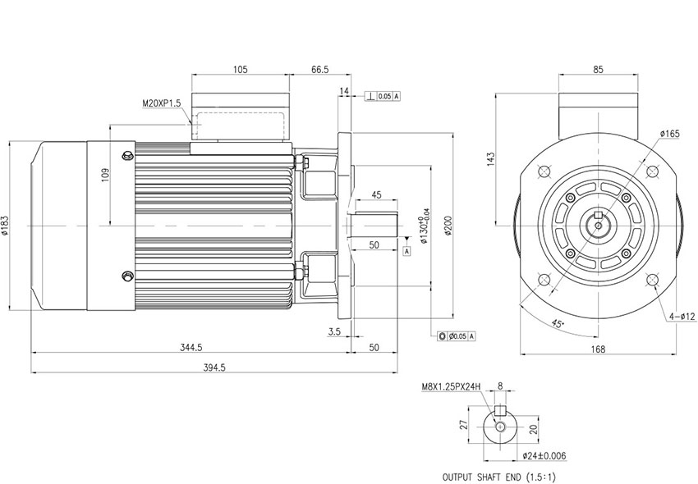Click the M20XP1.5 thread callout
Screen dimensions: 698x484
[x=162, y=103]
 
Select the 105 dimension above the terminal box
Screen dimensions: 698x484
[x=240, y=70]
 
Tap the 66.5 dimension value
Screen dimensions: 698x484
[x=319, y=70]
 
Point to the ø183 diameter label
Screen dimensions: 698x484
[x=5, y=226]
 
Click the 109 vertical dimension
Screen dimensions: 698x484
[x=105, y=175]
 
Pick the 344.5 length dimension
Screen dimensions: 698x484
[x=191, y=348]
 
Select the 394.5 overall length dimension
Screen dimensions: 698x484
[x=214, y=368]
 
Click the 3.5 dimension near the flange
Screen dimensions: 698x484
[x=334, y=331]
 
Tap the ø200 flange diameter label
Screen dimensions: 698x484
[x=448, y=226]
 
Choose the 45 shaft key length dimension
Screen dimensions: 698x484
[x=376, y=195]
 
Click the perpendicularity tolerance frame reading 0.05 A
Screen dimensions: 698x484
[x=383, y=96]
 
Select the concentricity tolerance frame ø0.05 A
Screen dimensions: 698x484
[x=457, y=336]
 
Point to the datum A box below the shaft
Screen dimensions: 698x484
[x=406, y=251]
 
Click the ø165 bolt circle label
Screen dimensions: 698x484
[x=669, y=134]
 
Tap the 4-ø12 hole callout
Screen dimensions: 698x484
[x=682, y=317]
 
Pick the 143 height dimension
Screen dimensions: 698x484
[x=490, y=159]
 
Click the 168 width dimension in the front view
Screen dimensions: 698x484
[x=597, y=349]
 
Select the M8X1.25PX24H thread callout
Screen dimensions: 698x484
[x=451, y=387]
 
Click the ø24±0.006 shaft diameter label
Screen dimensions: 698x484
[x=544, y=456]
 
